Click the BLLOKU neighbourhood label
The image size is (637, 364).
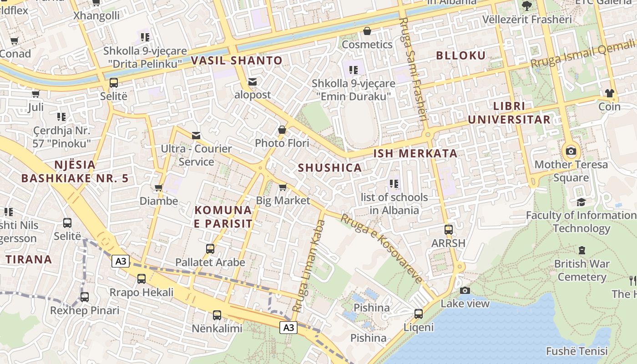tap(461, 56)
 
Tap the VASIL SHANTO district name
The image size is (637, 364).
tap(237, 61)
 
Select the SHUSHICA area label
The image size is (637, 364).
tap(330, 167)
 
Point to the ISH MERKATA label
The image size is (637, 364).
tap(415, 153)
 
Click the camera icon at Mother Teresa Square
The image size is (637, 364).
tap(571, 151)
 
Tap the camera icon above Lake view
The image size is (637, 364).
tap(465, 290)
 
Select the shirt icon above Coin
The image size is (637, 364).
tap(609, 93)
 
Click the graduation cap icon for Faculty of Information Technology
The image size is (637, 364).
tap(581, 202)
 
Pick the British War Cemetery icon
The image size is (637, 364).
tap(581, 250)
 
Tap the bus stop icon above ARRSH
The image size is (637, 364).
tap(449, 230)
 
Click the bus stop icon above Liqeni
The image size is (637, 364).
tap(418, 313)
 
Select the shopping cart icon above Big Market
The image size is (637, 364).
tap(283, 187)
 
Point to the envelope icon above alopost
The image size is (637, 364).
tap(253, 82)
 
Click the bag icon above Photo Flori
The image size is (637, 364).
tap(282, 130)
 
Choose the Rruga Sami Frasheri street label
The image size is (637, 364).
tap(413, 68)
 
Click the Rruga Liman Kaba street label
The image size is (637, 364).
tap(309, 266)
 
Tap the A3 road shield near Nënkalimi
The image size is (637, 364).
tap(288, 327)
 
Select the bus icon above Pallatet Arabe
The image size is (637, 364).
tap(210, 249)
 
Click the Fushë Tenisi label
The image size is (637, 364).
tap(576, 351)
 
